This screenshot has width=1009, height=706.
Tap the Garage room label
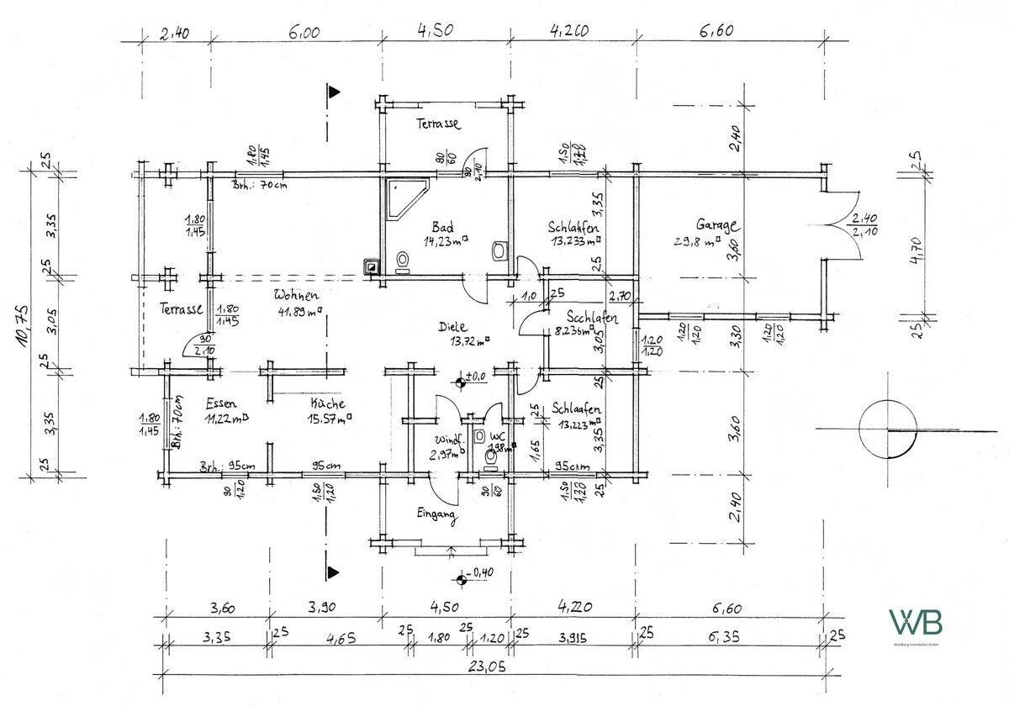click(716, 225)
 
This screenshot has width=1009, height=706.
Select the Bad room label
click(443, 227)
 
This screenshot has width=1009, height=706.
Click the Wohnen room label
click(296, 297)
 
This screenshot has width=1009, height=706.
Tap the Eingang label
click(436, 514)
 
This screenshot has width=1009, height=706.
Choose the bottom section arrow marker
click(334, 572)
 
